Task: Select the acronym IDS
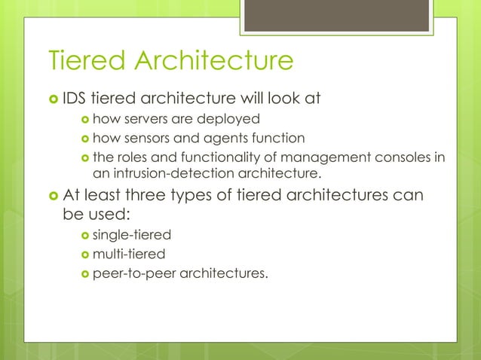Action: pyautogui.click(x=75, y=97)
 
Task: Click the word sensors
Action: pyautogui.click(x=151, y=138)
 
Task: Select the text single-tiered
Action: pyautogui.click(x=127, y=236)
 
